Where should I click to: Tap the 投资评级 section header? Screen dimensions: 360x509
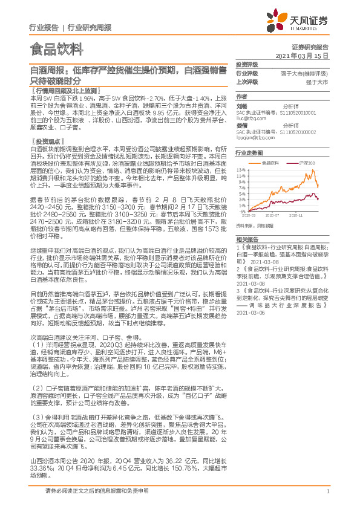[x=247, y=64]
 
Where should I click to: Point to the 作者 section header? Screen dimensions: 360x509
[x=241, y=96]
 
